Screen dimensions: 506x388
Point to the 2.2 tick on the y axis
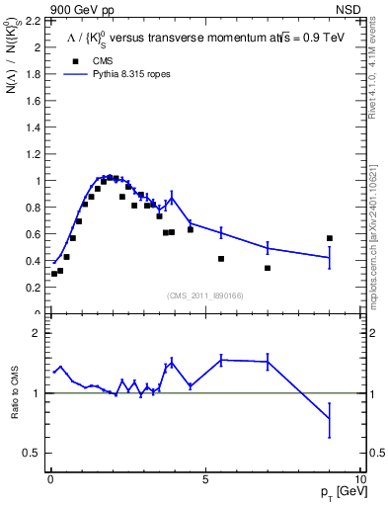click(29, 21)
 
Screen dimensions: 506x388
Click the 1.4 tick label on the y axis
click(29, 127)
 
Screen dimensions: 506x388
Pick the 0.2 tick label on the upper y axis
click(29, 288)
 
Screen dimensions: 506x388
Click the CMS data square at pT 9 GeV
click(329, 238)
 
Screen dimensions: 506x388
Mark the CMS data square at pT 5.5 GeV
click(221, 259)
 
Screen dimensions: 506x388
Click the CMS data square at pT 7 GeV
click(268, 268)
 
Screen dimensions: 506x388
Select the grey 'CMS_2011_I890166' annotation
click(205, 294)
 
